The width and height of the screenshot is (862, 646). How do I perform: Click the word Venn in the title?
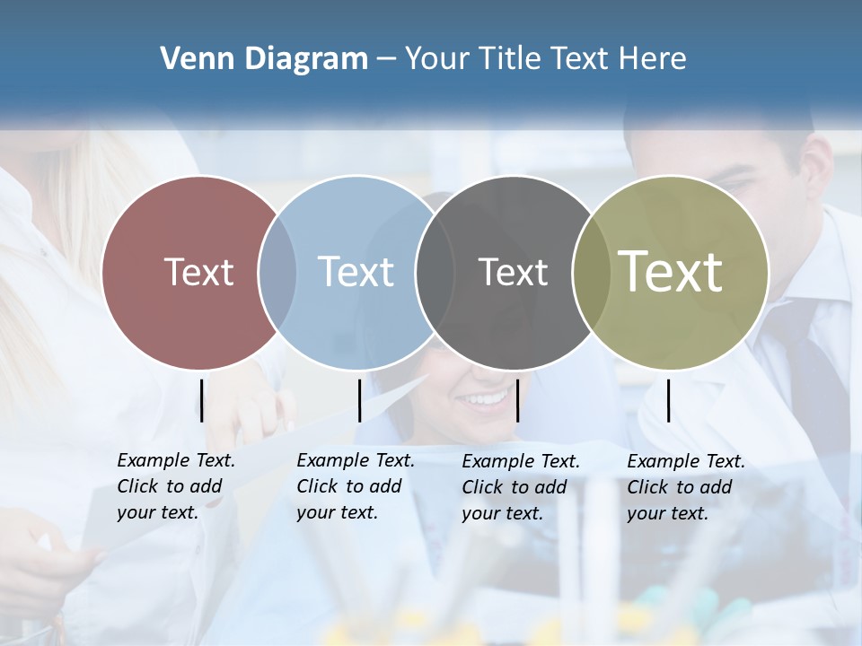pos(190,59)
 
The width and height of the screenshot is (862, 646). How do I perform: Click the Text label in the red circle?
pos(198,272)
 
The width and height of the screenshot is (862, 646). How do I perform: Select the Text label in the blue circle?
pos(356,272)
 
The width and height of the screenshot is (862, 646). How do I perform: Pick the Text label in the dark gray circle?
pos(513,272)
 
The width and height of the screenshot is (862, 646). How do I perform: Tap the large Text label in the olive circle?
pos(671,271)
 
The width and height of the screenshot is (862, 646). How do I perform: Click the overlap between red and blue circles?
pos(277,272)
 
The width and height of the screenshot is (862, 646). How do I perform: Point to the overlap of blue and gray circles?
pos(435,272)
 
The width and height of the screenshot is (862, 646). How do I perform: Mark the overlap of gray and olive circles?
pos(591,272)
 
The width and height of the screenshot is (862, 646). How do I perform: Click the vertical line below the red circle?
pos(202,400)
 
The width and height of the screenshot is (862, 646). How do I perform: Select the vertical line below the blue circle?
pos(359,400)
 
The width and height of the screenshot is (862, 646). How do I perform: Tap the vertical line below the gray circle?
pos(517,400)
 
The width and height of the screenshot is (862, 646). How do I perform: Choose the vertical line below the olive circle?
pos(668,400)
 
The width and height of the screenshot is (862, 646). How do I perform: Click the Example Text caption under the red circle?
pos(175,486)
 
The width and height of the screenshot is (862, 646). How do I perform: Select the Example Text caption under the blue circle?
pos(355,486)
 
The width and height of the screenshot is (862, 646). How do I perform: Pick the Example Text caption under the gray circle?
pos(520,487)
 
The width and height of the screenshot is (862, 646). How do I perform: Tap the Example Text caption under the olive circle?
pos(685,487)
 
